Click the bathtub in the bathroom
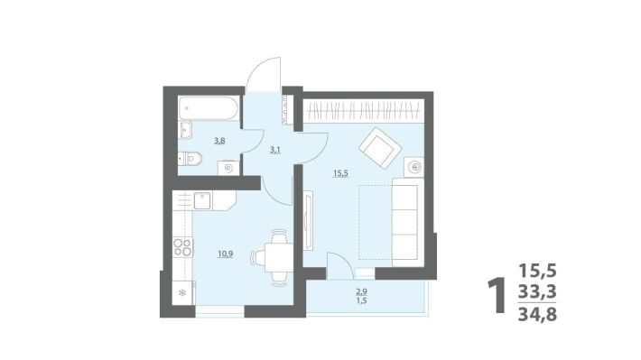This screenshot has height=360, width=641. [208, 108]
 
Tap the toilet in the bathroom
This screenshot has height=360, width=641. [190, 158]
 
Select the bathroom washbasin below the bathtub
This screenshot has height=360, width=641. [185, 130]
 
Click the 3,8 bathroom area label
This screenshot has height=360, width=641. [219, 142]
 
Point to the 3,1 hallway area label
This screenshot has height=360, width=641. [274, 150]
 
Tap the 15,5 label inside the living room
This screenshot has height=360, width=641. [340, 173]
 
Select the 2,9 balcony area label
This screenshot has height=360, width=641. [361, 291]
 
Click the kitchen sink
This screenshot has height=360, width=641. [202, 200]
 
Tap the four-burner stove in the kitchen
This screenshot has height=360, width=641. [182, 247]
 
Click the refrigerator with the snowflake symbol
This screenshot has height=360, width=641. [182, 292]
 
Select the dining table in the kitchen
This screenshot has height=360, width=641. [279, 258]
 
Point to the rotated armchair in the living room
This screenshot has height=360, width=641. [380, 148]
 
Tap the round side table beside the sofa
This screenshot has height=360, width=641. [414, 167]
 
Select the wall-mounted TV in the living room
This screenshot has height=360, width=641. [308, 221]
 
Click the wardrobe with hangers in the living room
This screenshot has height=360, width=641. [363, 111]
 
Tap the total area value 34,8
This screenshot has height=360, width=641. [537, 315]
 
